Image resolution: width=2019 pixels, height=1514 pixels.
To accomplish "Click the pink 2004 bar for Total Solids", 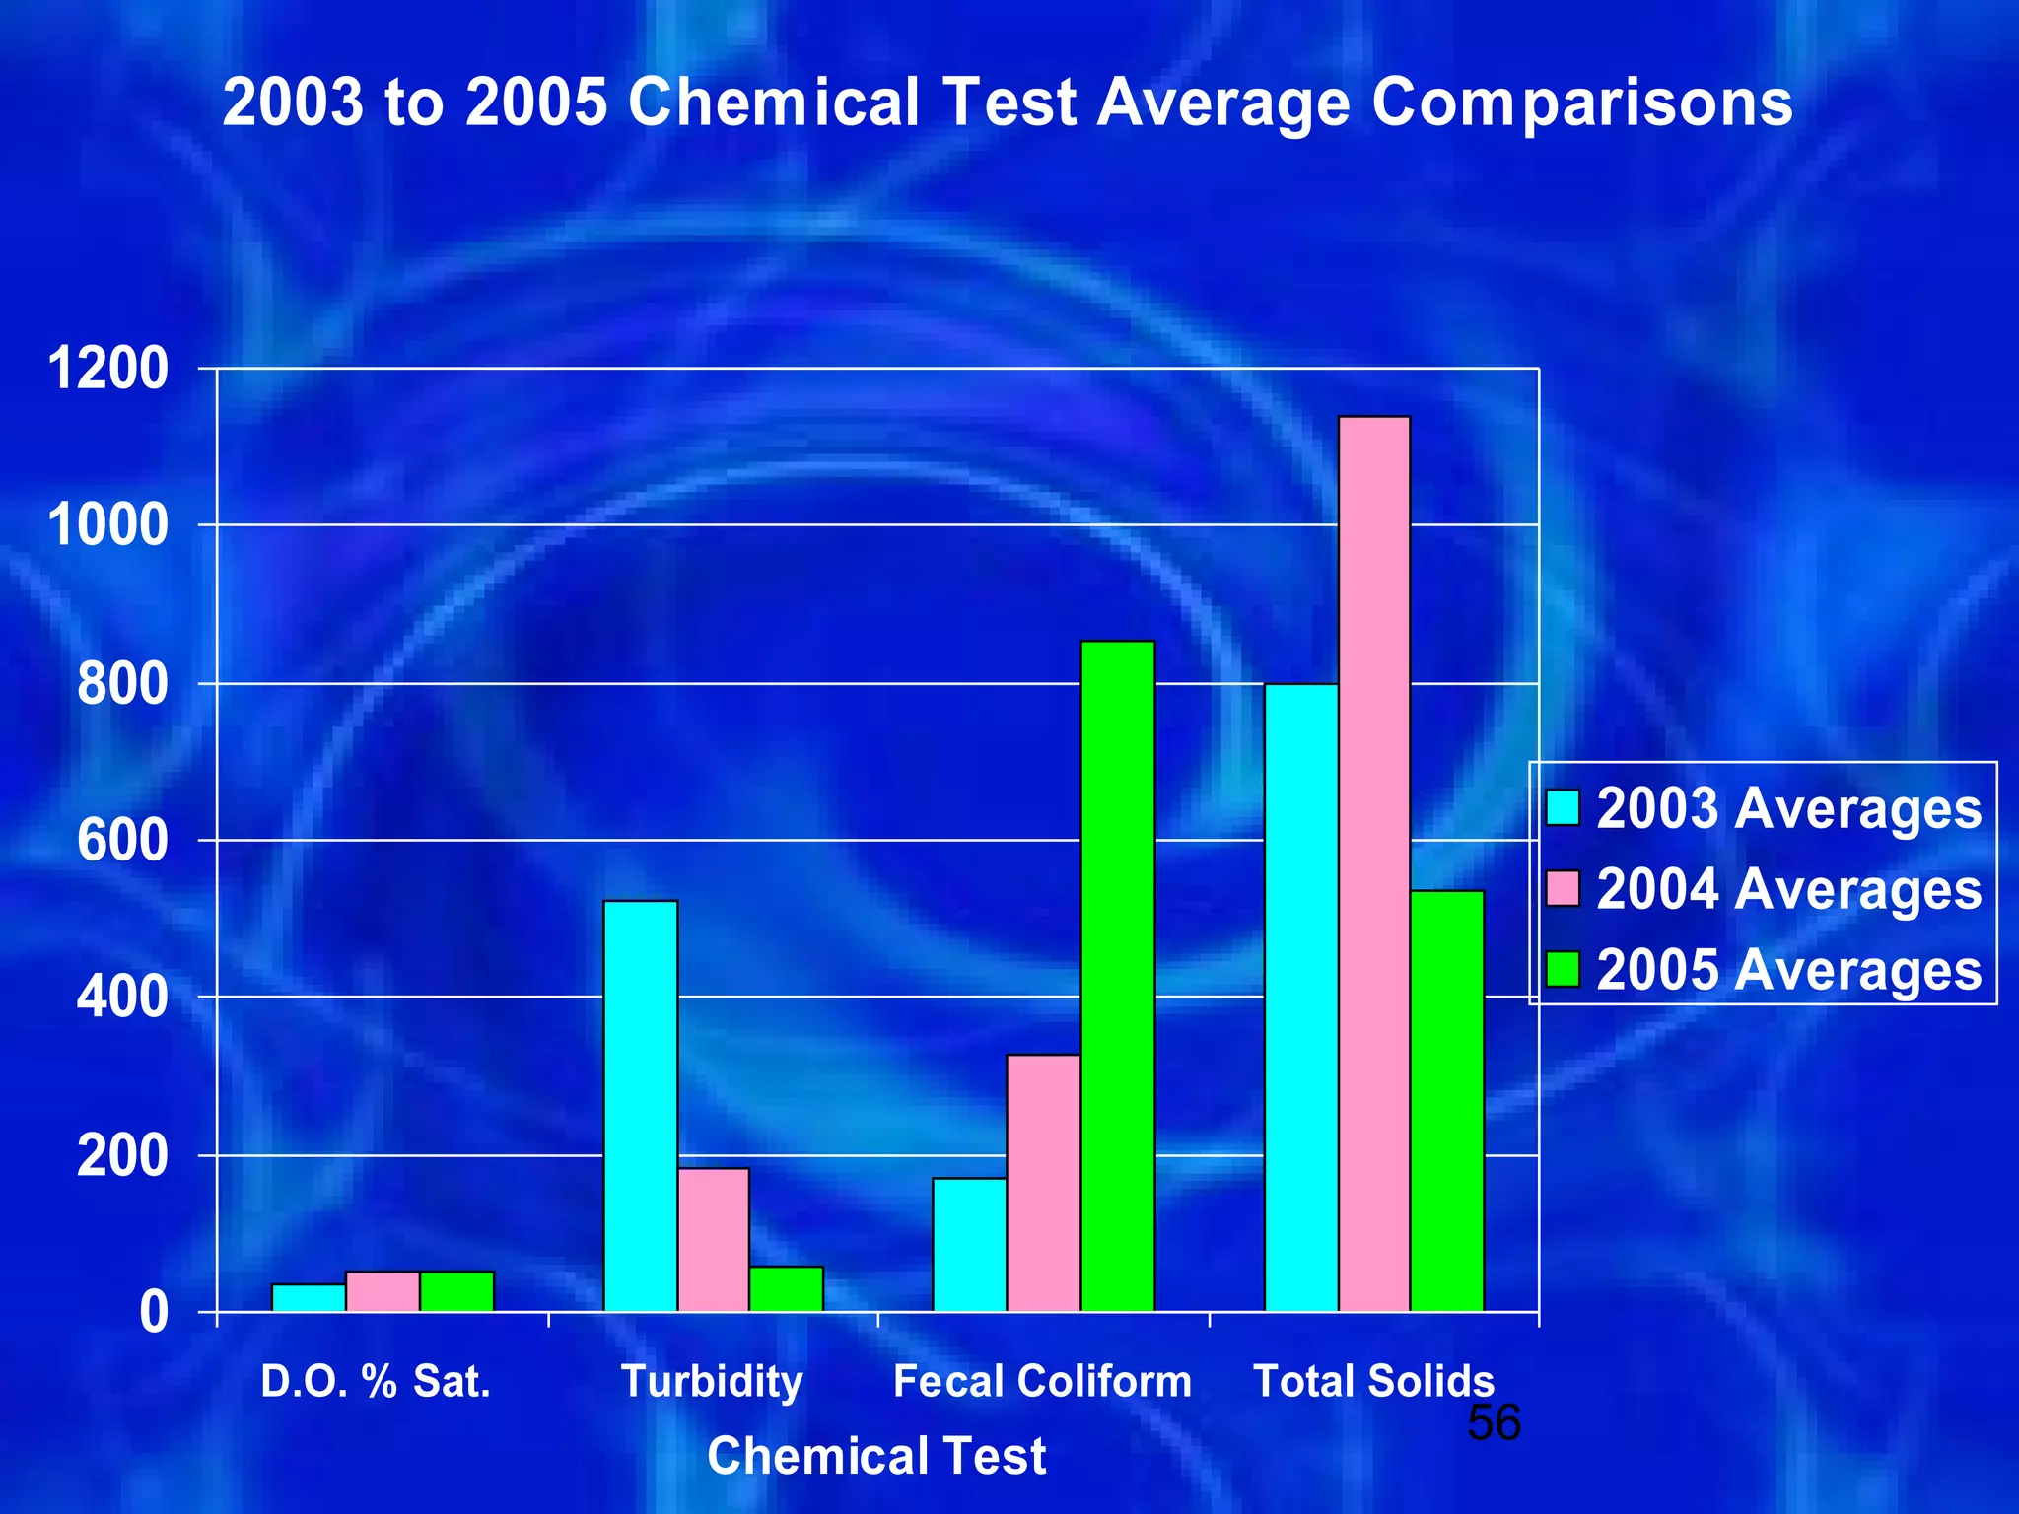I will [x=1373, y=863].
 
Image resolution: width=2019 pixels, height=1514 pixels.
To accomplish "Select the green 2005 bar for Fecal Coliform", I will [x=1117, y=976].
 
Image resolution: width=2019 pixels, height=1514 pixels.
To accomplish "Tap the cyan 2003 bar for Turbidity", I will [x=640, y=1105].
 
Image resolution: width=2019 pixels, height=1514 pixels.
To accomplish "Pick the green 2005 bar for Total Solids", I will [x=1446, y=1100].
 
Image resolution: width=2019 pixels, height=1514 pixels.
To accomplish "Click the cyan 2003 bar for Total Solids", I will [x=1300, y=997].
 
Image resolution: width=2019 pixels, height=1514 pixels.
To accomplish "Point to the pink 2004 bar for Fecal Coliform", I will [x=1043, y=1182].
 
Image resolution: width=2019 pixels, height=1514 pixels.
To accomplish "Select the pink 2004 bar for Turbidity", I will [x=713, y=1239].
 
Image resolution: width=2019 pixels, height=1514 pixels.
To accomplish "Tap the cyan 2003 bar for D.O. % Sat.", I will [x=309, y=1297].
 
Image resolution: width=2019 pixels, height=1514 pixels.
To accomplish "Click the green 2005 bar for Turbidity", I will [x=786, y=1288].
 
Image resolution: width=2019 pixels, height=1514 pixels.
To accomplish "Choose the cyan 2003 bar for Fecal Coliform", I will [x=969, y=1244].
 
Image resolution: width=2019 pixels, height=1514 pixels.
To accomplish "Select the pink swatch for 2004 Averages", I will [x=1563, y=888].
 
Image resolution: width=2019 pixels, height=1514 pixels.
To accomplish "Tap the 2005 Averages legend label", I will [x=1787, y=970].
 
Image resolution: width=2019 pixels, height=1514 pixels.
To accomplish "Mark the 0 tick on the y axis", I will [x=154, y=1313].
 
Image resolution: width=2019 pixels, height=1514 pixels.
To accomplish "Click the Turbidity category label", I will [x=712, y=1382].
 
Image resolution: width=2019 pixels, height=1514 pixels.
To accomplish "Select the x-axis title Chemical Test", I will [x=876, y=1456].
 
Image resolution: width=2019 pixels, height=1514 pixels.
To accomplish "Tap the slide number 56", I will [x=1494, y=1423].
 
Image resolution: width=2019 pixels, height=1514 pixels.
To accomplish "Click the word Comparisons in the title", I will [x=1581, y=103].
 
